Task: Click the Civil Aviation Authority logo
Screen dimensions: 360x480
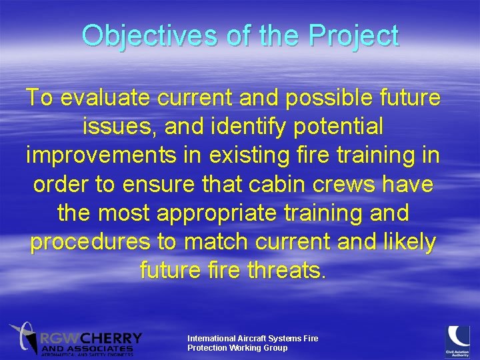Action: [x=459, y=340]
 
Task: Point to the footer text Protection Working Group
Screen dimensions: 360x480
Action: [x=237, y=348]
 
